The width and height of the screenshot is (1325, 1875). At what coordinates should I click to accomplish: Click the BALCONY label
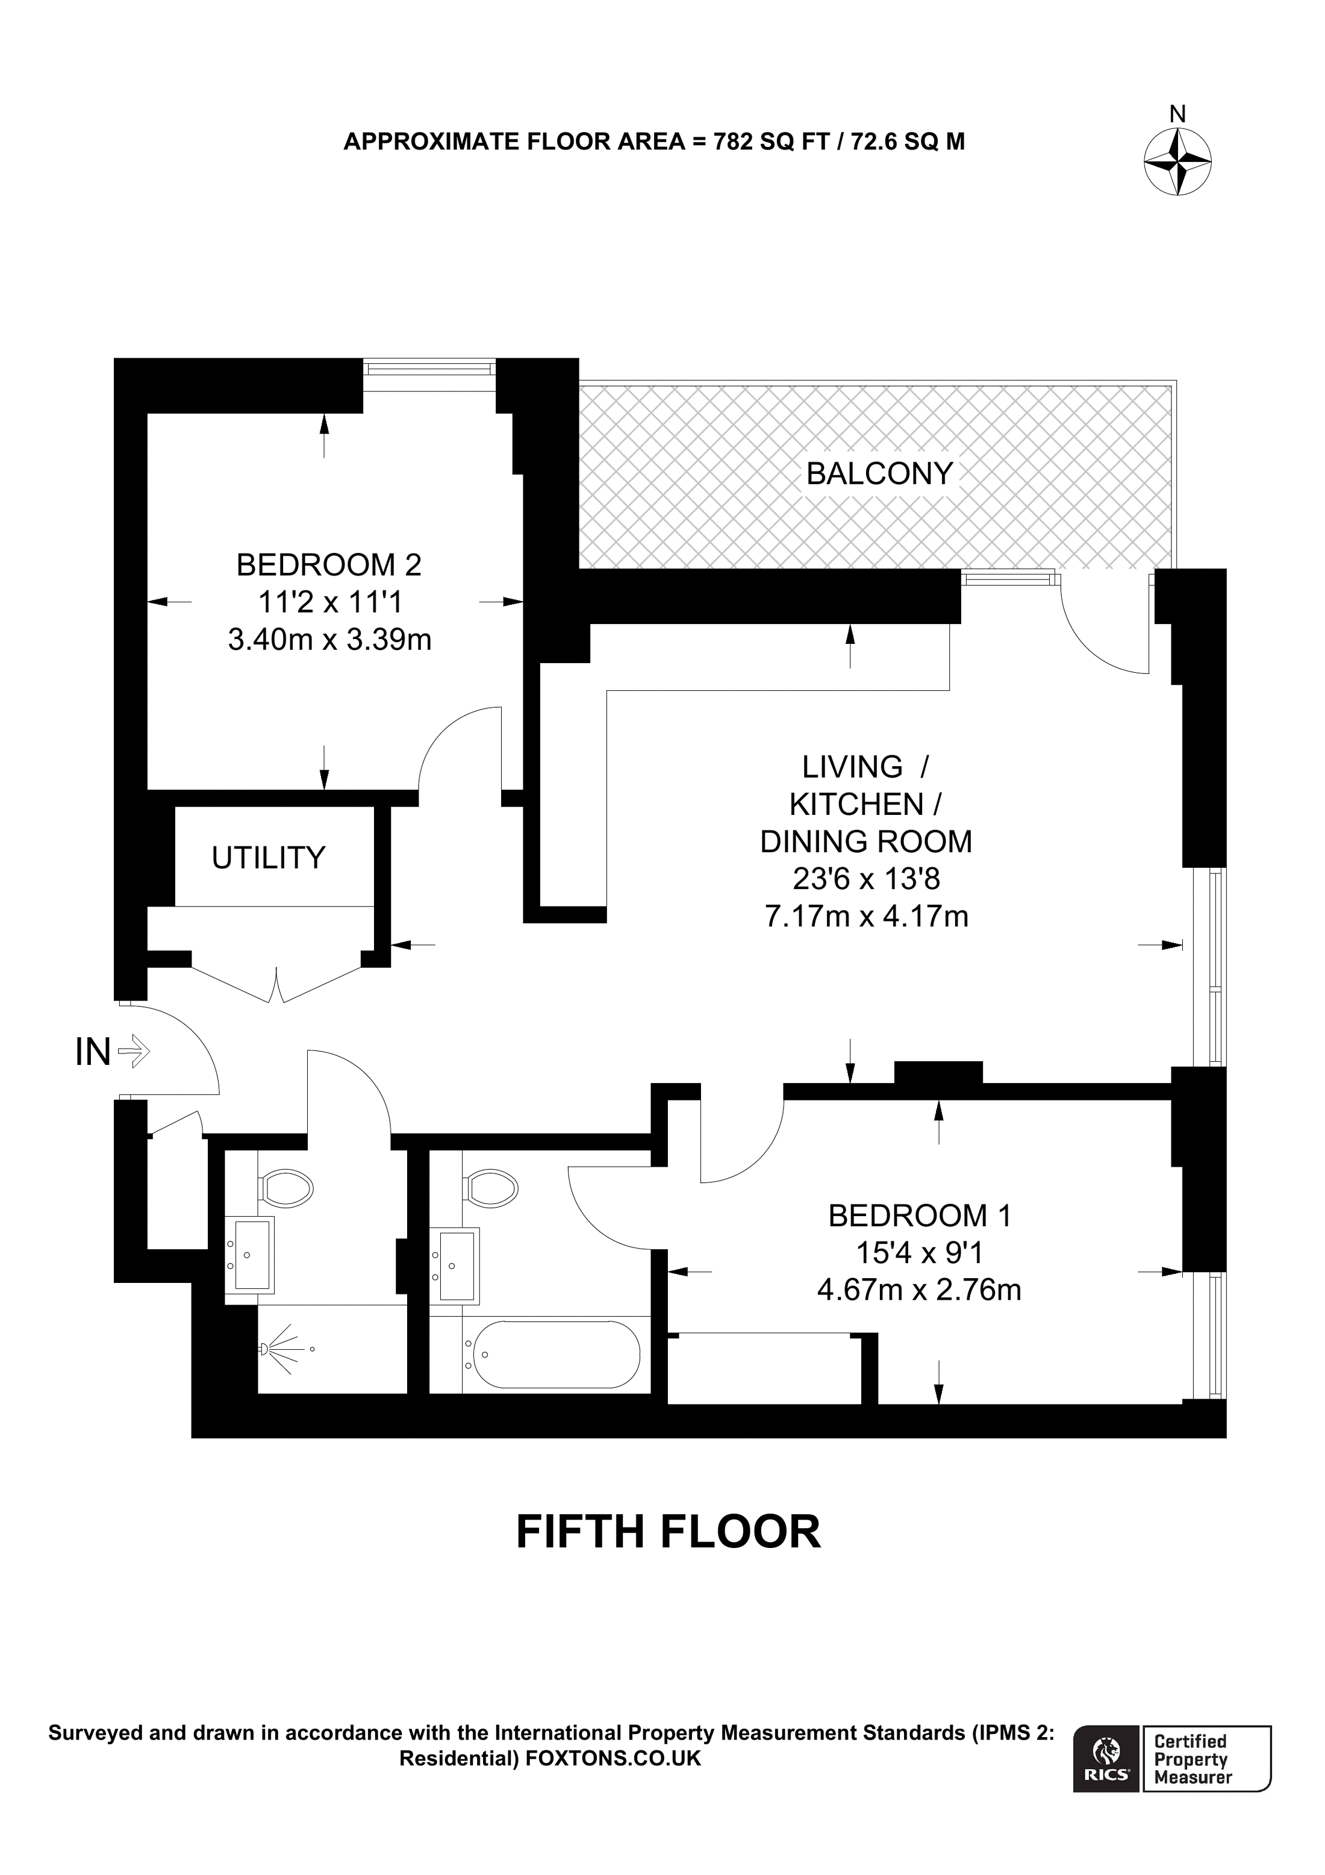pos(879,473)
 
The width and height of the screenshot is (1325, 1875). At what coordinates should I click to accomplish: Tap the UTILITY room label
pos(268,858)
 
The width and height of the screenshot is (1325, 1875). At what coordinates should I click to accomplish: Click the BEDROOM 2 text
pos(328,565)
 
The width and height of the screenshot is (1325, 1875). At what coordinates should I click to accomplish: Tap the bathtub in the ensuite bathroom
pos(556,1354)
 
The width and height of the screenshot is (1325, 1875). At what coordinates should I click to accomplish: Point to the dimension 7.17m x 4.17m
pos(866,916)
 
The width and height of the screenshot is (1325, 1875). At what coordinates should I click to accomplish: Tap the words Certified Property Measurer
pos(1191,1758)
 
